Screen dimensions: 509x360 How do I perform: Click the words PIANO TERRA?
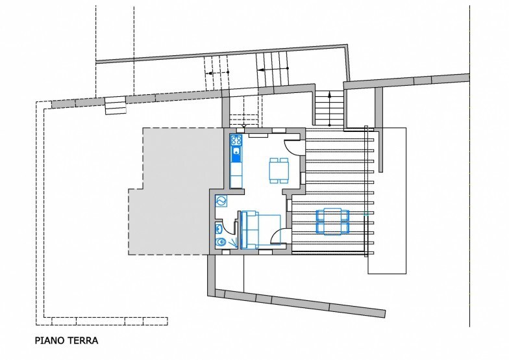point(66,341)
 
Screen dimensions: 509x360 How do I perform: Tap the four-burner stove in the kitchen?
point(236,140)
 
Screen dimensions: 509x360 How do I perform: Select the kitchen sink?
point(236,151)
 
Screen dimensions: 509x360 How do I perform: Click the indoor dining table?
point(279,170)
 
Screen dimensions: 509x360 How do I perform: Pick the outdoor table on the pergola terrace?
point(332,221)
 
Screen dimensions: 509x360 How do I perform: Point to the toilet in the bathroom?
point(221,242)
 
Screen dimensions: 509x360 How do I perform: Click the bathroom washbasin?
point(218,229)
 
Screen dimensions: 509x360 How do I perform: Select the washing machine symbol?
point(221,201)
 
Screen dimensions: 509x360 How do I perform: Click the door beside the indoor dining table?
point(292,147)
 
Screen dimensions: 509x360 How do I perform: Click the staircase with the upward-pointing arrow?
point(329,108)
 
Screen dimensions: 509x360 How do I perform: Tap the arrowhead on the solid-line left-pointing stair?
point(260,69)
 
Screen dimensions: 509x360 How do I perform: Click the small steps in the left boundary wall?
point(116,105)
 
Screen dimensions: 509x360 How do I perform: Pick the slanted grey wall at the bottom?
point(300,303)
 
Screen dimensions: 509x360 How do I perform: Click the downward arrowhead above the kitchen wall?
point(244,125)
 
